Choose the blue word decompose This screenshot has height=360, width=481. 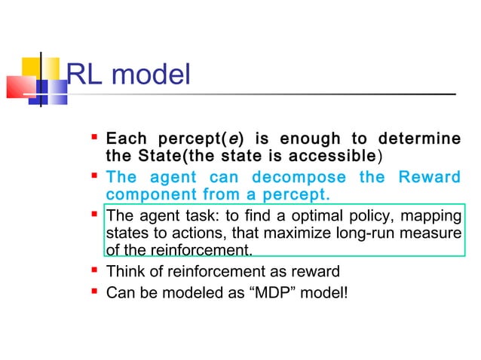tap(302, 178)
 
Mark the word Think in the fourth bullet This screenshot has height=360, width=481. tap(124, 271)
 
